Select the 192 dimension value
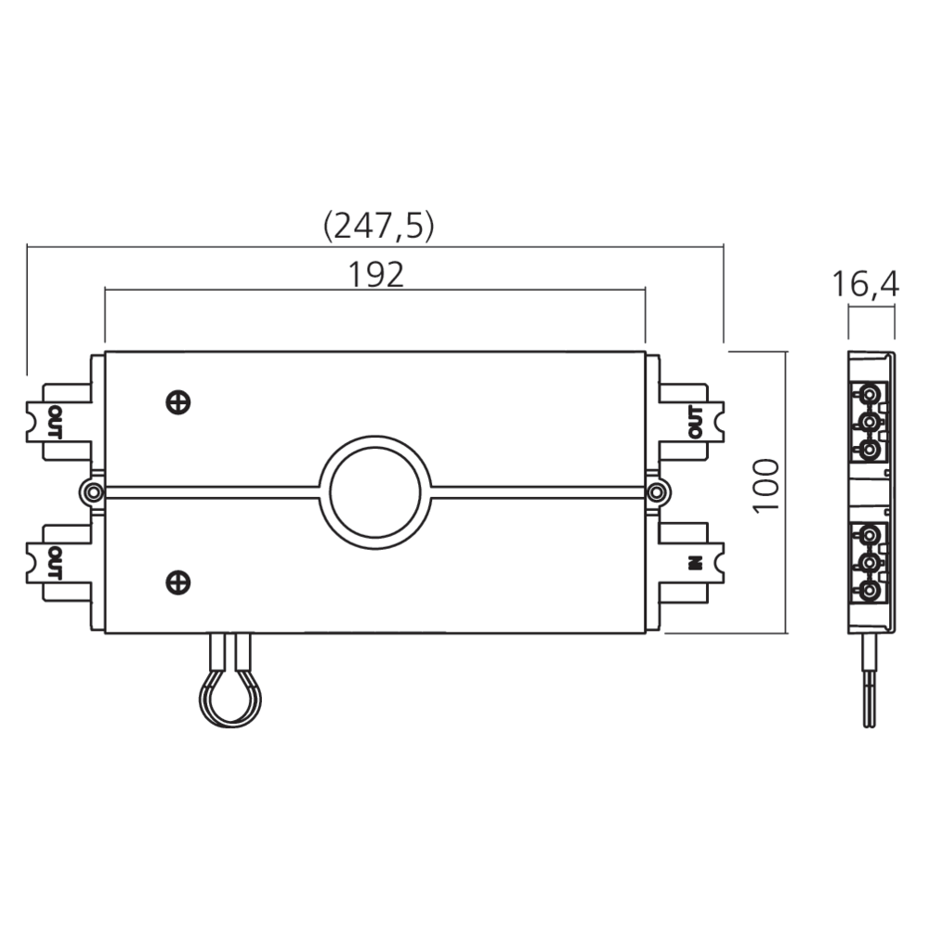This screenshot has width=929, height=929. (375, 274)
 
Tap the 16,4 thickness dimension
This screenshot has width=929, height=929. (865, 284)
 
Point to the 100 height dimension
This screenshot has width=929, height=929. (764, 484)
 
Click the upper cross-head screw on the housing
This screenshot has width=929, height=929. (178, 401)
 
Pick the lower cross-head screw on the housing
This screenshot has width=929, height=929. (178, 582)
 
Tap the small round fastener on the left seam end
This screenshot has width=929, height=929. (93, 491)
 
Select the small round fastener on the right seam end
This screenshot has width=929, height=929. (657, 491)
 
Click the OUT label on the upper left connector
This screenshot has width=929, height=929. (54, 422)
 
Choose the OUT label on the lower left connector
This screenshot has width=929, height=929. (54, 563)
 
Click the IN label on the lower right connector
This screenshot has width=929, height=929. (693, 562)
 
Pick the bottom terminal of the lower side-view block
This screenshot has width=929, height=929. (871, 591)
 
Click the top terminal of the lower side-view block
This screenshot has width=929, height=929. (871, 535)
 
